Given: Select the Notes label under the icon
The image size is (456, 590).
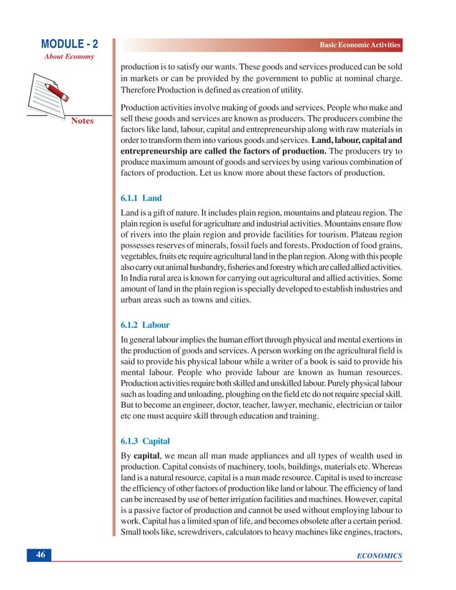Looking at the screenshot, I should pyautogui.click(x=82, y=121).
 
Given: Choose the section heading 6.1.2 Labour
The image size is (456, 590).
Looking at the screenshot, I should pyautogui.click(x=146, y=324).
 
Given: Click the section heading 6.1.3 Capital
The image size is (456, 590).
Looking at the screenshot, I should pyautogui.click(x=146, y=441).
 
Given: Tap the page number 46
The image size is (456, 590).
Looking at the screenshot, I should pyautogui.click(x=41, y=556).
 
